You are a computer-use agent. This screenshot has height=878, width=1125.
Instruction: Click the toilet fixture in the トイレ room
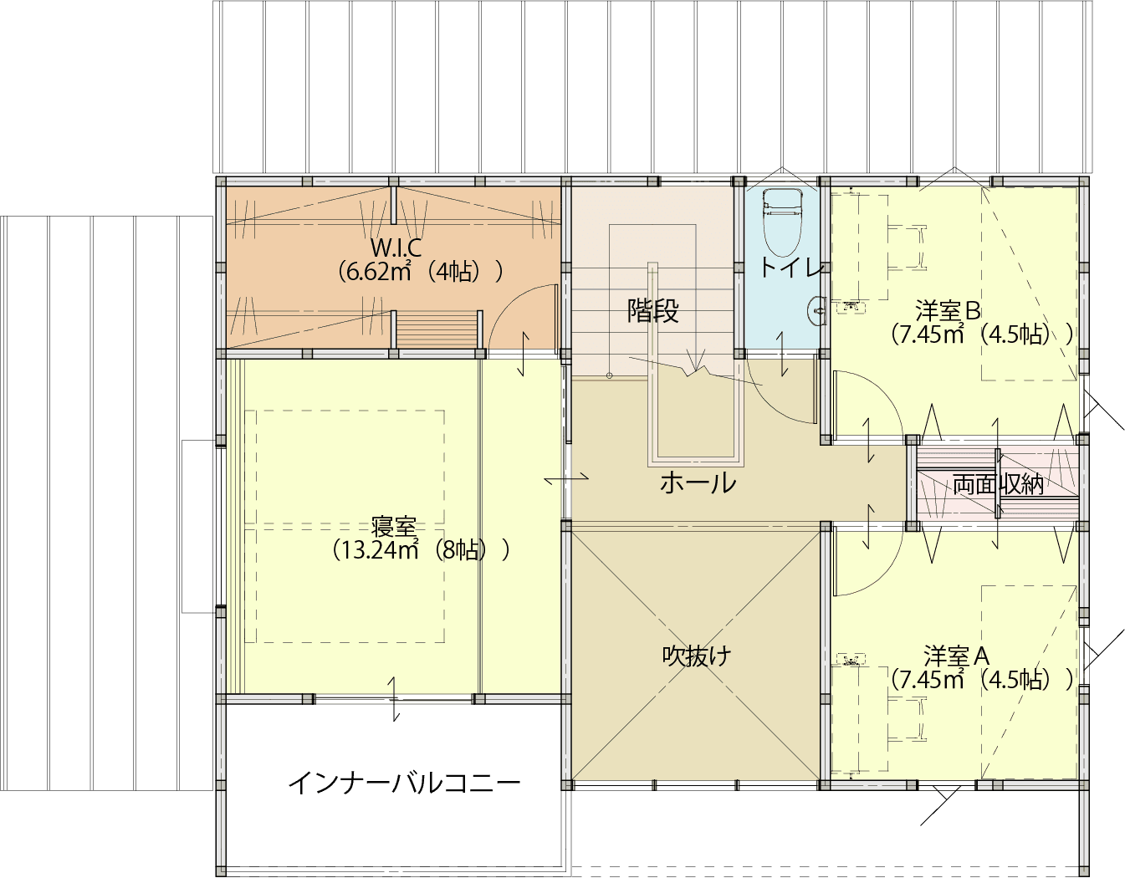[782, 222]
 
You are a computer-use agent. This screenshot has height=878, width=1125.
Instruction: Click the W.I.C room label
[396, 248]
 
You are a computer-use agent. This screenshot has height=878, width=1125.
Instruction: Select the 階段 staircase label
[653, 311]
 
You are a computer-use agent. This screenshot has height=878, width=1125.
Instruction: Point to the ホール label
[698, 482]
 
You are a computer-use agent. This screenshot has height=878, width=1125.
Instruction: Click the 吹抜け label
[697, 656]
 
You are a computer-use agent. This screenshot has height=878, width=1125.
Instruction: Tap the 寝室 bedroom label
[394, 527]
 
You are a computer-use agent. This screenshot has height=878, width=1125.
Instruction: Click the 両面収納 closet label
[998, 484]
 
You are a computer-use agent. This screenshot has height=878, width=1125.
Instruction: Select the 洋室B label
[948, 311]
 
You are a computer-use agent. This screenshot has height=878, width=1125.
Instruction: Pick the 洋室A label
[956, 656]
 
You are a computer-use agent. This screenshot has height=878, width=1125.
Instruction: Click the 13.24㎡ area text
[374, 550]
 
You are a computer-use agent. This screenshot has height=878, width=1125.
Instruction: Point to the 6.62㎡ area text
[377, 272]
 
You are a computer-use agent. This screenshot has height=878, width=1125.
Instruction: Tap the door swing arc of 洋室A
[884, 569]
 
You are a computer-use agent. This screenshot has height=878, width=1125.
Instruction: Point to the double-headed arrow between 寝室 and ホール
[566, 478]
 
